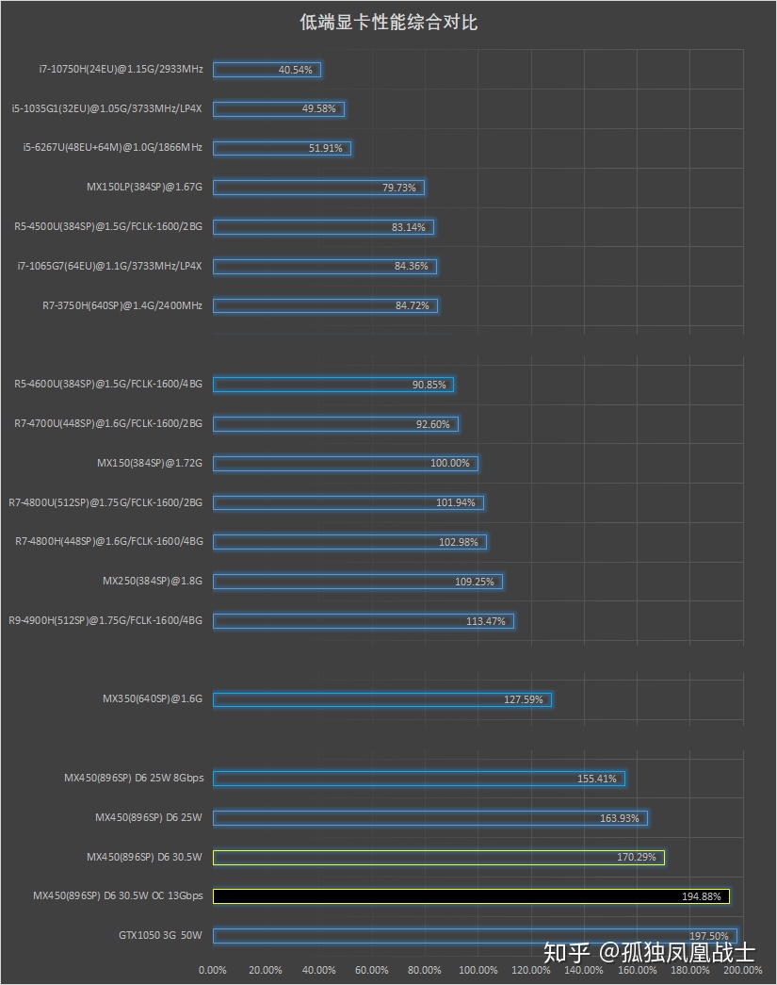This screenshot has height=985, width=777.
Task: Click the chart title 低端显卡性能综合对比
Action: coord(388,23)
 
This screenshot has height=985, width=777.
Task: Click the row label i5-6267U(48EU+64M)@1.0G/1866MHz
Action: coord(112,148)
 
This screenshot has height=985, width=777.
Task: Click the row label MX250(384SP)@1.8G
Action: coord(153,581)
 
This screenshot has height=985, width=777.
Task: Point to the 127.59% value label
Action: coord(524,699)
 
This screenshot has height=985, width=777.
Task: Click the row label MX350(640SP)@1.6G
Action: coord(153,699)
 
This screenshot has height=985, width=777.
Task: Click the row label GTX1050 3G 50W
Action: coord(160,936)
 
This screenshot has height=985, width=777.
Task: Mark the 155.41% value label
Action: coord(597,779)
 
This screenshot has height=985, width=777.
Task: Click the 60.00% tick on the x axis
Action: coord(372,970)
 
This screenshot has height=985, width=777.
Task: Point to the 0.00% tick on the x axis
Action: coord(213,970)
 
